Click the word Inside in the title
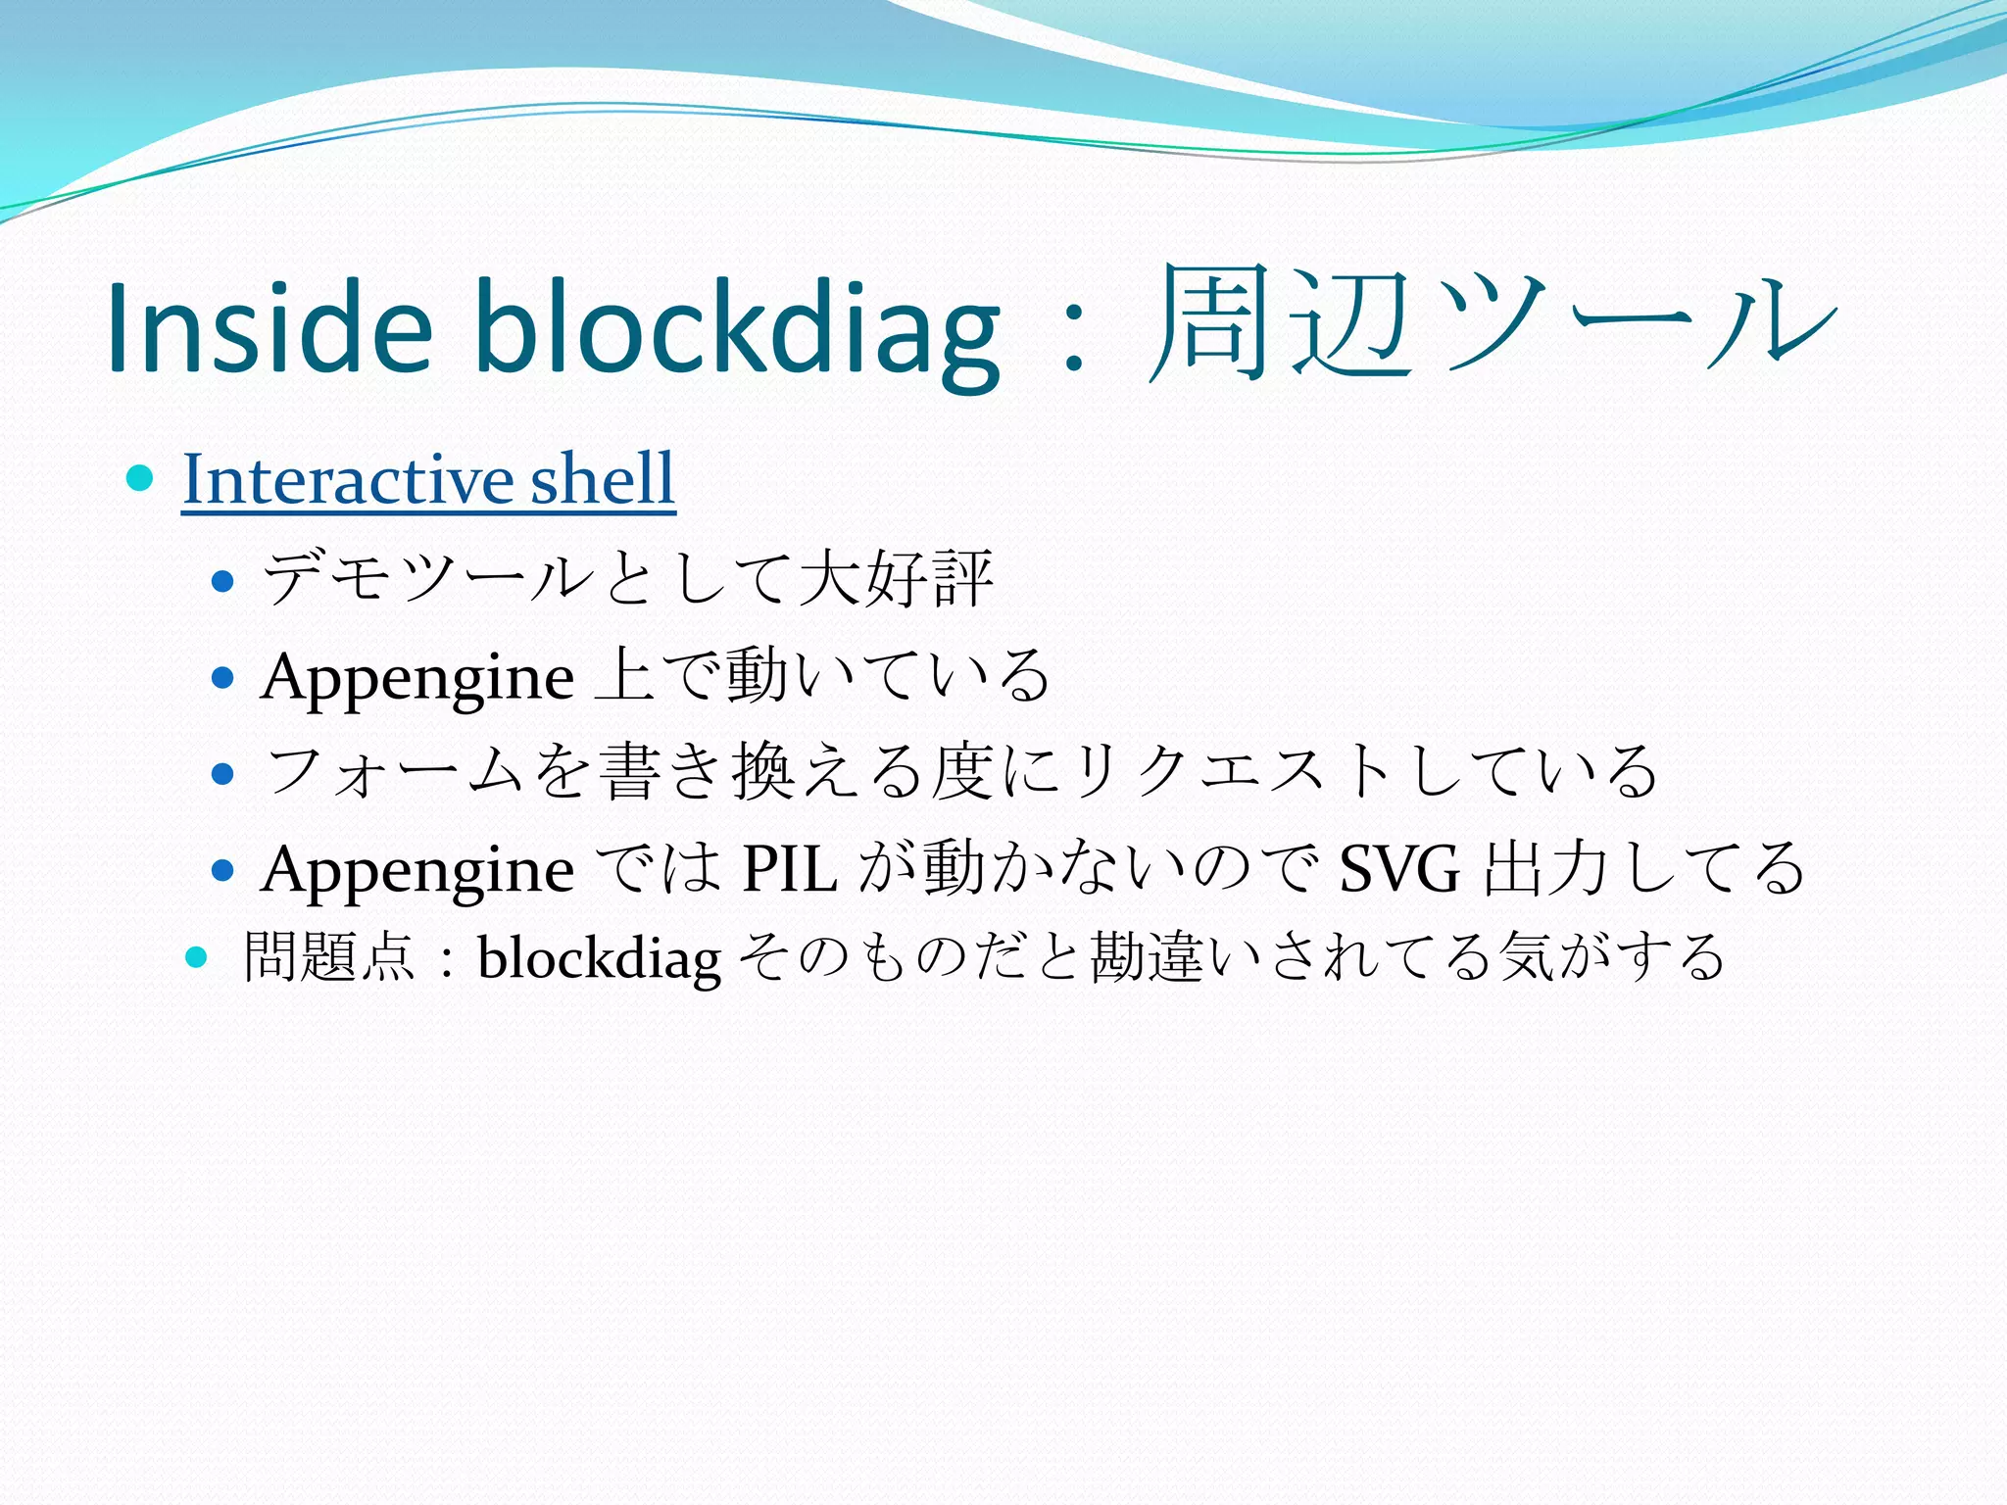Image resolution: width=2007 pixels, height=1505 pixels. point(269,328)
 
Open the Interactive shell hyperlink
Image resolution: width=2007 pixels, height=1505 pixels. point(428,479)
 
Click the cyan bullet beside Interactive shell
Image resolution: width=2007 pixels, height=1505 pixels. point(141,479)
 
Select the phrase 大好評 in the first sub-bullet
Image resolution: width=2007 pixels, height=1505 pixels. point(896,578)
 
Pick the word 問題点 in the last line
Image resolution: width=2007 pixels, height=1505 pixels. point(329,956)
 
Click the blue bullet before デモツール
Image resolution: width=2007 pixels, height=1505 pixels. point(223,581)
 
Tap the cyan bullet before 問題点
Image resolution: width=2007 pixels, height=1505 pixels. point(197,956)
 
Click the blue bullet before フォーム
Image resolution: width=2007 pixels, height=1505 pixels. point(223,774)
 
